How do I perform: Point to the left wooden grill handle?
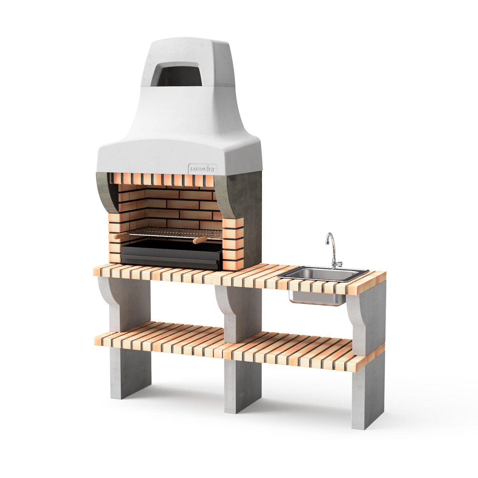pyautogui.click(x=119, y=236)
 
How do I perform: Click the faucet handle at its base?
pyautogui.click(x=337, y=263)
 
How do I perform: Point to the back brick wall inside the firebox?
pyautogui.click(x=179, y=207)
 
